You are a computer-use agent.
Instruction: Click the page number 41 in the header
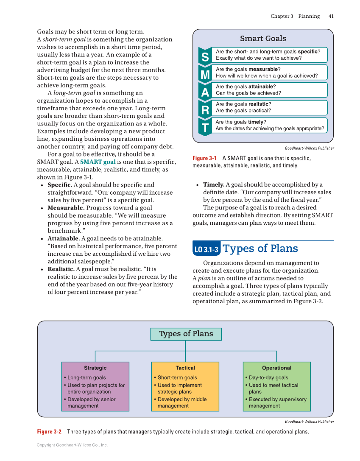click(331, 16)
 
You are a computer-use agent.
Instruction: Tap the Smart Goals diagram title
click(263, 39)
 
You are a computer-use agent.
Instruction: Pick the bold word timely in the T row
click(256, 122)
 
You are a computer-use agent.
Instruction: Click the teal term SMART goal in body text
click(98, 162)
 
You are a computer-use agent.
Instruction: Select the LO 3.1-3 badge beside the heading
click(206, 249)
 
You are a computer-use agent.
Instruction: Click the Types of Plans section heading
click(260, 249)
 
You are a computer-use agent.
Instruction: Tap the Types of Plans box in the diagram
click(186, 334)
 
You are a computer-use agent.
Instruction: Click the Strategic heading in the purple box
click(95, 368)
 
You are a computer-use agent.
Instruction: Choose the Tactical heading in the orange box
click(185, 368)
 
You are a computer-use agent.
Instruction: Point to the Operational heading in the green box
click(276, 368)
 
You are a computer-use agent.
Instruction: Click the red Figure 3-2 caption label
click(49, 432)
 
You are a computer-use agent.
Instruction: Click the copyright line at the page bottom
click(72, 445)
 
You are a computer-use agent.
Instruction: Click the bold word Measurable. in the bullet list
click(66, 208)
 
